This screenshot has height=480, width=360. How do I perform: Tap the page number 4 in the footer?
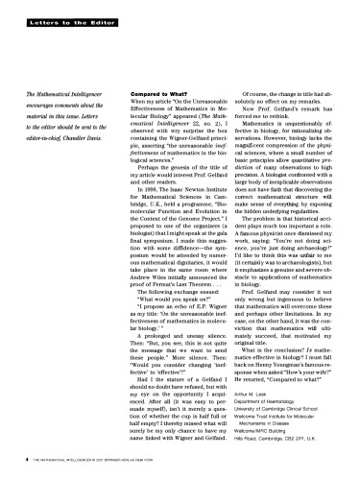(25, 458)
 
